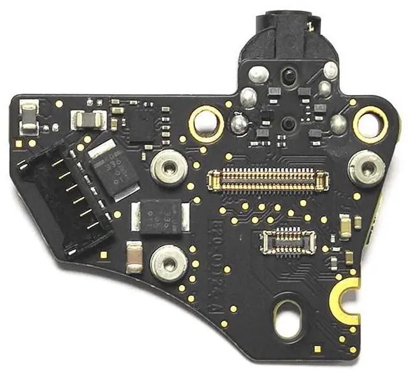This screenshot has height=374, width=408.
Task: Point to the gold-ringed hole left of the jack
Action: tap(206, 119)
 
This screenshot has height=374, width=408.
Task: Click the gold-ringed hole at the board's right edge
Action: tap(368, 123)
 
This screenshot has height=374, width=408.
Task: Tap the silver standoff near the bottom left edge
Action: tap(164, 262)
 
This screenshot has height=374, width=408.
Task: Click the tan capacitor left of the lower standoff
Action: tap(135, 256)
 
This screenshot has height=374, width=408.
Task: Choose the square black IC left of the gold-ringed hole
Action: tap(142, 126)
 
